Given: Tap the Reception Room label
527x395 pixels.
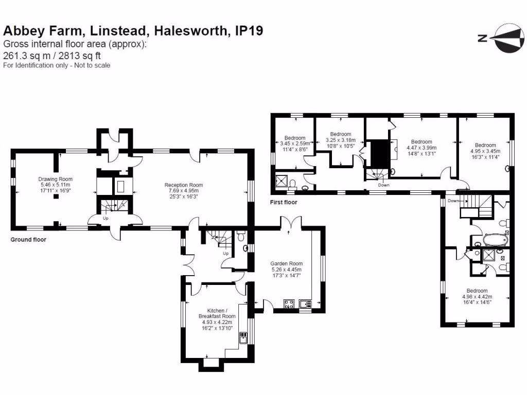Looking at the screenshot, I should (x=184, y=185).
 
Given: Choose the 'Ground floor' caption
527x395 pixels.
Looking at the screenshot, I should (x=29, y=240).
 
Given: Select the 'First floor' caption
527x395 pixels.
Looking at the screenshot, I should (x=284, y=203).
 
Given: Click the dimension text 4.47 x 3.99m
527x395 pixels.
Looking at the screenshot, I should (x=421, y=148).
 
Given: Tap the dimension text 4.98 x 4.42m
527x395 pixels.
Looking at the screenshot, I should (x=477, y=297).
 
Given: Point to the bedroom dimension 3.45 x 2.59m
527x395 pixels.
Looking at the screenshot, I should (x=295, y=144).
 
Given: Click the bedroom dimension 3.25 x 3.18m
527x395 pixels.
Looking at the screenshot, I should (x=340, y=140).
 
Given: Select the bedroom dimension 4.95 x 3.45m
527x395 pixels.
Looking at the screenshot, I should (x=485, y=151).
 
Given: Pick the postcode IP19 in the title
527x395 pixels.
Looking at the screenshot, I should (x=249, y=31).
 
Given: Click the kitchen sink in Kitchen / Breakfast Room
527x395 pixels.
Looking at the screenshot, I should (x=243, y=338).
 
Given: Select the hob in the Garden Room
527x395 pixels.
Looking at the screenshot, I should (x=289, y=303).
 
